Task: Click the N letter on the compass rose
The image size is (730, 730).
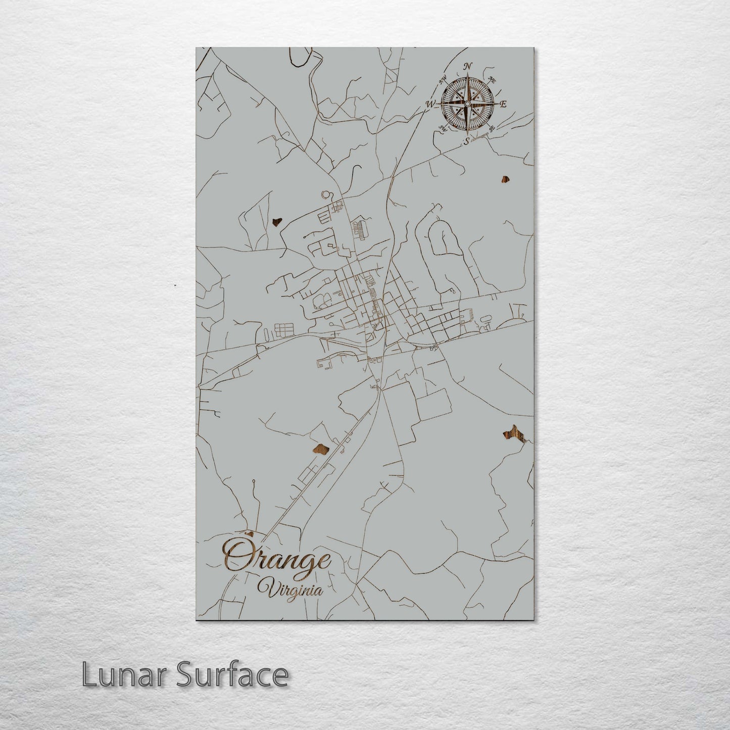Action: click(x=468, y=66)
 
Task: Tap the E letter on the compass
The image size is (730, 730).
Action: click(x=503, y=104)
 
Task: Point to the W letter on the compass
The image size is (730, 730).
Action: click(x=431, y=104)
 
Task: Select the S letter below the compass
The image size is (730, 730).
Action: click(x=467, y=140)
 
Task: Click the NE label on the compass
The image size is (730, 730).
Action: click(x=492, y=79)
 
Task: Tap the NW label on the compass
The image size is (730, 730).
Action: click(x=444, y=79)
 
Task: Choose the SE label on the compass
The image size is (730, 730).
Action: click(x=492, y=129)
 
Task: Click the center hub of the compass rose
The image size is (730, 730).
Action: click(x=468, y=104)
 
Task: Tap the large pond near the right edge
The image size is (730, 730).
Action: click(x=514, y=432)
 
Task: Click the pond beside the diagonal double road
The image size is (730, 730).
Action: click(x=321, y=450)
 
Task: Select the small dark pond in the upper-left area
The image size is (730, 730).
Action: click(x=276, y=221)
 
